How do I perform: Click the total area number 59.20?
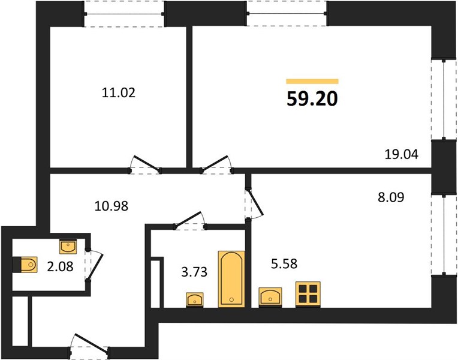point(312,98)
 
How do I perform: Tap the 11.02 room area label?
point(119,93)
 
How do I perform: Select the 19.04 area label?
point(401,154)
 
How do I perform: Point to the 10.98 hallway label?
point(112,206)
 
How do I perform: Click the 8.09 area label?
point(391,197)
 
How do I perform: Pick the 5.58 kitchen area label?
point(284,264)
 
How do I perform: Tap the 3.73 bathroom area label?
point(194,272)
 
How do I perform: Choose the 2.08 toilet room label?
point(60,266)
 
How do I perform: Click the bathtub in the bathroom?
point(231,279)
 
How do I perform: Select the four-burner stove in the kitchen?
point(308,294)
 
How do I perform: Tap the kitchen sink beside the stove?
point(270,297)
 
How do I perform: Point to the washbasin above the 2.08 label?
point(68,247)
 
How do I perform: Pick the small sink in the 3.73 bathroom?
point(195,300)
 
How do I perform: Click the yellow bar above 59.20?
point(312,81)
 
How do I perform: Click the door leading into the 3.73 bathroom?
point(190,220)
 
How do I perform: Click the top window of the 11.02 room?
point(124,14)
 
